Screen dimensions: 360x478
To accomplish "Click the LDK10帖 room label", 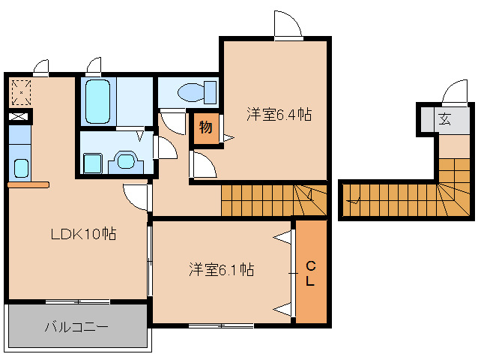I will (82, 234).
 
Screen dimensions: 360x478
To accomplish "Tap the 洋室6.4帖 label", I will (279, 115).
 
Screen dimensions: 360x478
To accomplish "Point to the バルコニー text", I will (76, 328).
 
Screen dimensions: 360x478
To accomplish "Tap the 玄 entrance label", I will (444, 118).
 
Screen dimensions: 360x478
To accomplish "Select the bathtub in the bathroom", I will (97, 101).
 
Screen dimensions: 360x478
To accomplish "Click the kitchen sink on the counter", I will (20, 167).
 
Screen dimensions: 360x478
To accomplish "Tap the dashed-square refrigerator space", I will (21, 91).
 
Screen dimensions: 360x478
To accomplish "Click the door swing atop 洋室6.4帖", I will (288, 25).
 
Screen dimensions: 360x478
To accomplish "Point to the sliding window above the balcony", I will (77, 301).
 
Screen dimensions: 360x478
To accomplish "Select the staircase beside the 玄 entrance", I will (453, 190).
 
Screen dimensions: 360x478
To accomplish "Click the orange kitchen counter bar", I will (28, 184).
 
